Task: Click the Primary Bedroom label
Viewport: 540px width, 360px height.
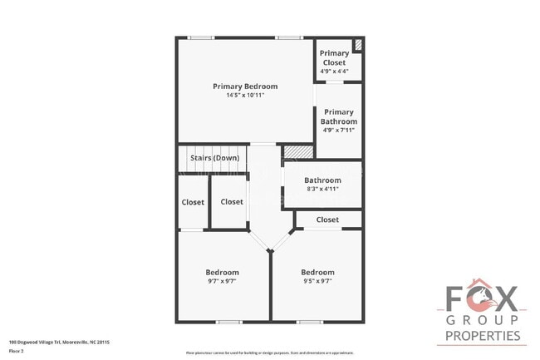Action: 245,86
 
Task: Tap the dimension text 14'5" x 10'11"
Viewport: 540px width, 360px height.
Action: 245,96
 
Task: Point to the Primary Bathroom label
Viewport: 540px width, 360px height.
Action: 339,116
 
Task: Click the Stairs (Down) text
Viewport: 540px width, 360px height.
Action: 214,158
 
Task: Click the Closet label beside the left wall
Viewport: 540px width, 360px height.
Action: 193,202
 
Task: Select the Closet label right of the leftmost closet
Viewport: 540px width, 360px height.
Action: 232,202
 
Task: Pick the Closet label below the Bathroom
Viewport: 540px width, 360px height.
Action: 327,219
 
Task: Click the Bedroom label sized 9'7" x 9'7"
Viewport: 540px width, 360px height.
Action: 222,273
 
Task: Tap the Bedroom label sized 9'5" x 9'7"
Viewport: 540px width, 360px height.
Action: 317,273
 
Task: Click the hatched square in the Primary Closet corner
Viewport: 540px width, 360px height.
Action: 358,45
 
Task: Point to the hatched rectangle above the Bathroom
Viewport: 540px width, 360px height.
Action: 295,151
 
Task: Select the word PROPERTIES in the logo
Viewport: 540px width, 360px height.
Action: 483,336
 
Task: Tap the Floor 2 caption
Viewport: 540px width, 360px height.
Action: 17,352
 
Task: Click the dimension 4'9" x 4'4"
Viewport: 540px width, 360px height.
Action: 334,72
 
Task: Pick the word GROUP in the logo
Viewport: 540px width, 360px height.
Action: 483,320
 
